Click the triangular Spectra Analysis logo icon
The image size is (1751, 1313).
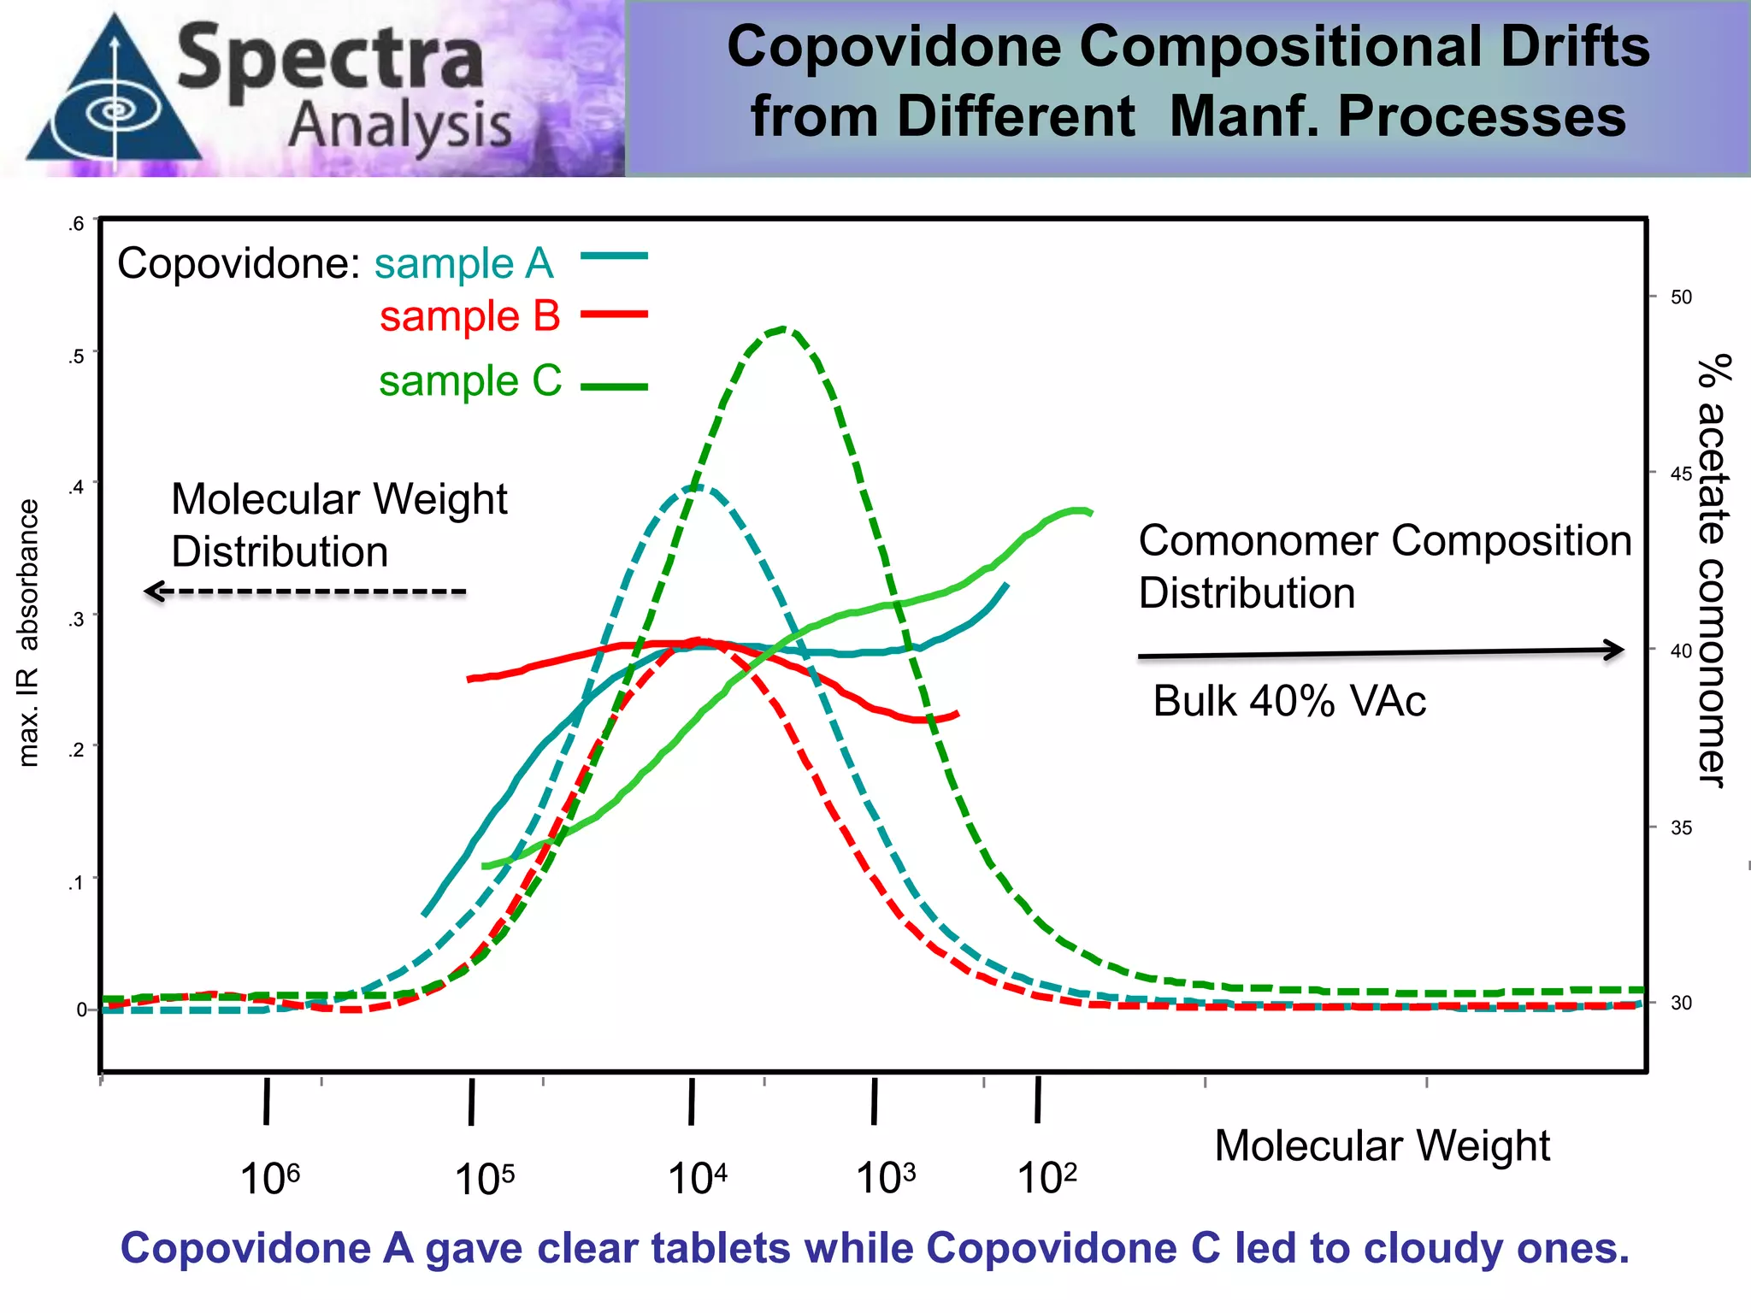114,98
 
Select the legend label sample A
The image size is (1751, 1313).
464,263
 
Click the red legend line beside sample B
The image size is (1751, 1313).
614,315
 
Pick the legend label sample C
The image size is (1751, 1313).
470,381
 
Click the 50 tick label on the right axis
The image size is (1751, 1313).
1681,297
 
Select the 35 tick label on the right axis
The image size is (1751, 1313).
1681,827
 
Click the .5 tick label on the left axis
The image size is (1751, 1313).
77,356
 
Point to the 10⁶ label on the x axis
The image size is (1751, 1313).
269,1179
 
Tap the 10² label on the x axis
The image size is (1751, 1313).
1046,1178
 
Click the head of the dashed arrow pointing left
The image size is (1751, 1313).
152,592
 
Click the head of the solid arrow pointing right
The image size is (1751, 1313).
1616,650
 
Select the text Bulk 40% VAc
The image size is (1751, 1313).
1288,702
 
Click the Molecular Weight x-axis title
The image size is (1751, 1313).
1382,1146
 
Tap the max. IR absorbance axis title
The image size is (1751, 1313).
28,633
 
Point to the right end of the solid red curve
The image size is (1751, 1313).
957,714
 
